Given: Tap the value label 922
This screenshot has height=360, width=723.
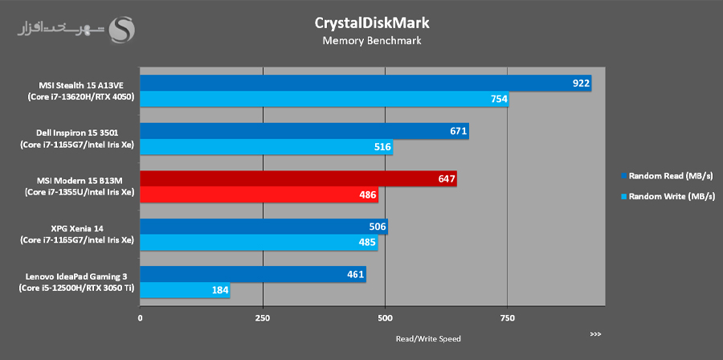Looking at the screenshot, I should [581, 84].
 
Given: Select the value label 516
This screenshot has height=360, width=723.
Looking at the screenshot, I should [382, 147].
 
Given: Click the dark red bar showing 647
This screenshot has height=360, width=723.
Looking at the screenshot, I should [298, 179].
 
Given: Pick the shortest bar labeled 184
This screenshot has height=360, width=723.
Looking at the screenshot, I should [185, 291].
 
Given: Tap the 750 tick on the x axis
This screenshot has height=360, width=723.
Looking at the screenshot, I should [508, 318].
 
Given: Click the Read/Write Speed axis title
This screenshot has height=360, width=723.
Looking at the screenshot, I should [428, 338].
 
